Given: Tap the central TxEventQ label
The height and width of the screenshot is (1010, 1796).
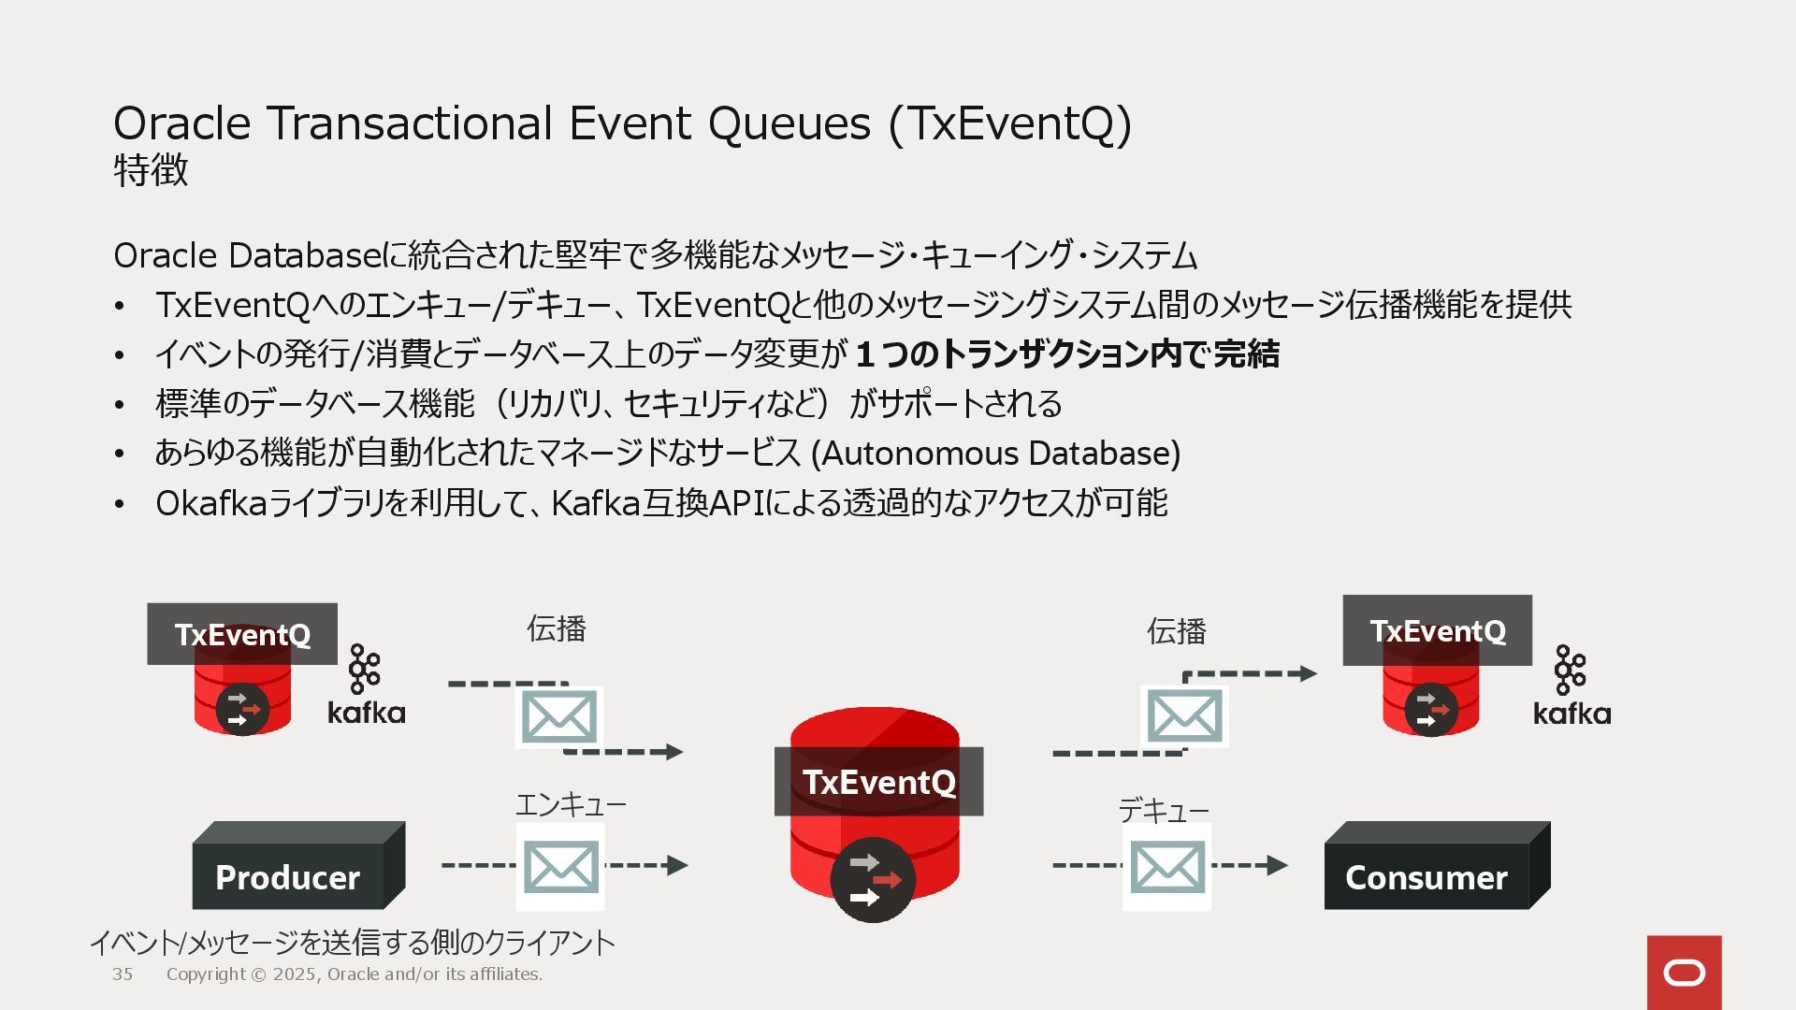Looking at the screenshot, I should (x=878, y=782).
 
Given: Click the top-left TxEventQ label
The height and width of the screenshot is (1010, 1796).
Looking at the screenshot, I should (x=242, y=634).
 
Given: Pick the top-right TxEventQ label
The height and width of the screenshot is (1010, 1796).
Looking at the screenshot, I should (x=1437, y=630).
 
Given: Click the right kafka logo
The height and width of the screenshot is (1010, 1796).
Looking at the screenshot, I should (x=1571, y=686).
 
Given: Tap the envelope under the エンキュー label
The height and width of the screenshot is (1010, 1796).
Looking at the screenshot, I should (x=560, y=867).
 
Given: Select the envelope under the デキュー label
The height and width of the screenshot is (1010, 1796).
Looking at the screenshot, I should (x=1166, y=867).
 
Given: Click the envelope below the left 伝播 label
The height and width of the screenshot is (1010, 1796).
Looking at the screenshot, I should (x=558, y=717).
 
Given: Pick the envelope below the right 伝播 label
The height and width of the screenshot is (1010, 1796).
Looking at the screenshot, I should (x=1184, y=716).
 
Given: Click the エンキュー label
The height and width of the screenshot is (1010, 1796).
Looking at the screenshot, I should (x=571, y=804).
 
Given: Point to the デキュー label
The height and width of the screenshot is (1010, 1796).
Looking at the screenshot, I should (x=1164, y=810).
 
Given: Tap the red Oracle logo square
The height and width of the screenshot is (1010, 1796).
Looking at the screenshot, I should (x=1684, y=973).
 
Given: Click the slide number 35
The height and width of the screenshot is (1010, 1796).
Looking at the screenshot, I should (x=123, y=974).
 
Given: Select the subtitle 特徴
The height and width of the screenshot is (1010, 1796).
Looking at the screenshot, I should (x=151, y=170).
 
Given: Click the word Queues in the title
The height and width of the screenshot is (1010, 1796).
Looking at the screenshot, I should (x=789, y=123).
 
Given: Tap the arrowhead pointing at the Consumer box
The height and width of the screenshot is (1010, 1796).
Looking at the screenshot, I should (x=1277, y=865).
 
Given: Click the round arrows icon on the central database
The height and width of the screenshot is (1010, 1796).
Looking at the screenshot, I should (x=872, y=880).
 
